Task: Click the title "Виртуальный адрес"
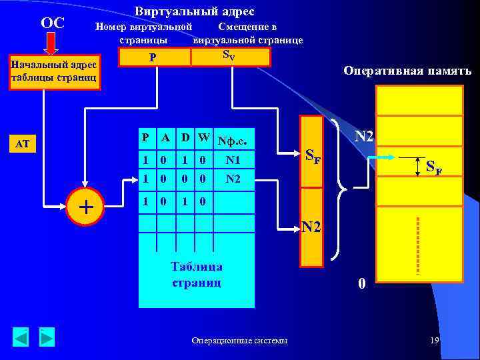click(194, 11)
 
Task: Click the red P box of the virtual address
click(154, 57)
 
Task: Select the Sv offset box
click(231, 56)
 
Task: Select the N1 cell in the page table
click(233, 160)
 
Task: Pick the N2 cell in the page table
click(233, 179)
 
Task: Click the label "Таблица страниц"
click(197, 274)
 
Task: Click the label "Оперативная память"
click(407, 71)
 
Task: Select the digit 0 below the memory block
click(361, 283)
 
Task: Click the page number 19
click(434, 341)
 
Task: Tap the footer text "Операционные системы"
click(240, 341)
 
